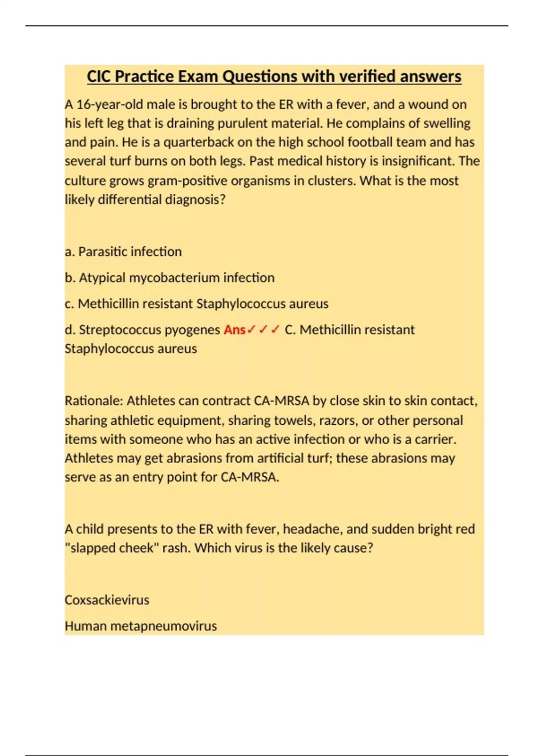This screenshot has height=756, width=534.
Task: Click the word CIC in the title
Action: [99, 76]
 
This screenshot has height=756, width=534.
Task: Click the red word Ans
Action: [235, 330]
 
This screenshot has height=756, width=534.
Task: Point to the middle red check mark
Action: [263, 330]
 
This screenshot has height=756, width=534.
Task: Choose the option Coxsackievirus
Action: [107, 600]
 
